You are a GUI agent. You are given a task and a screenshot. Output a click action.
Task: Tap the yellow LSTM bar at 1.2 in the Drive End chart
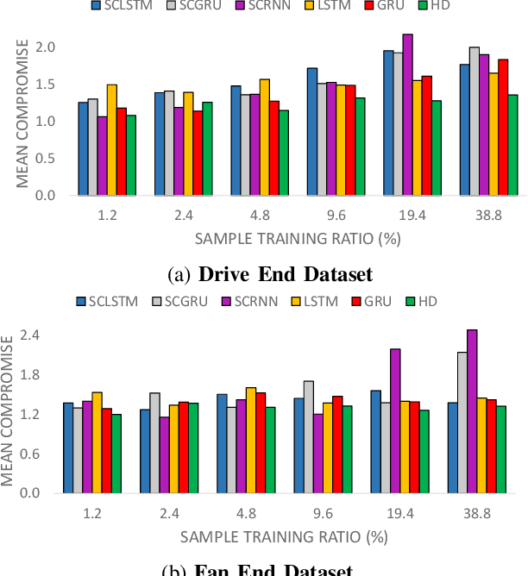(x=112, y=140)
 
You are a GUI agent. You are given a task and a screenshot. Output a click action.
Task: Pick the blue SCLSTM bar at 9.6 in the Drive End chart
(x=312, y=131)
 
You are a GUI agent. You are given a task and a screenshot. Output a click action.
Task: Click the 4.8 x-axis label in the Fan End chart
(x=246, y=512)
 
